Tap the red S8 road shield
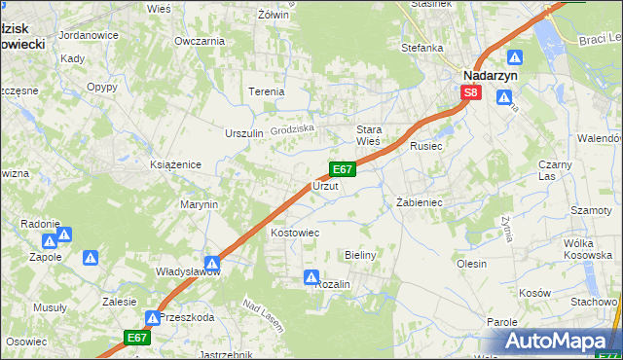(471, 92)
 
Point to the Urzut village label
(325, 185)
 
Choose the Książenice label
(175, 164)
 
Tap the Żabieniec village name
(420, 202)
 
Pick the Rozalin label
(332, 283)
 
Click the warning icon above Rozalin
(311, 277)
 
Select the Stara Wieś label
(369, 135)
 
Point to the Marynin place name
(198, 205)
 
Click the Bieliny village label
(360, 254)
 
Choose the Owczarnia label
(199, 41)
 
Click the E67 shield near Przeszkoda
(137, 338)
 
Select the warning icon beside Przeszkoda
(153, 318)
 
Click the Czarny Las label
(555, 170)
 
